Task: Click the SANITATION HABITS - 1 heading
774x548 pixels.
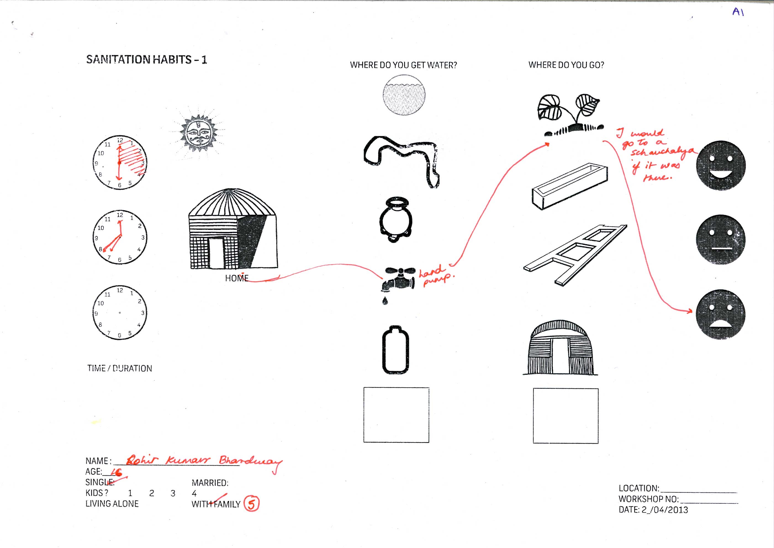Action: (146, 59)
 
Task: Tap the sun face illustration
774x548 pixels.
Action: (198, 133)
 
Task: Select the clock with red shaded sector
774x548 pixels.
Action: (120, 162)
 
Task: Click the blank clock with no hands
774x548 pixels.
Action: (120, 313)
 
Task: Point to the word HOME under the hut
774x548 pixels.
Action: (237, 278)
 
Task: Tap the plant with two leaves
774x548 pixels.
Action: (570, 115)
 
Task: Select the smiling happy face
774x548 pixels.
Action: (721, 165)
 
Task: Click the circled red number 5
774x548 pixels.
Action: (252, 504)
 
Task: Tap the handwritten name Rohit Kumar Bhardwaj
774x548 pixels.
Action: (202, 461)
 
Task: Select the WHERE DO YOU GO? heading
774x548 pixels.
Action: (566, 65)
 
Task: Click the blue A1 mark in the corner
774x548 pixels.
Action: (738, 12)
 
